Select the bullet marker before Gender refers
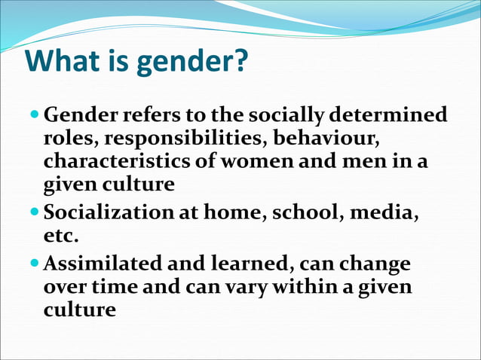(35, 115)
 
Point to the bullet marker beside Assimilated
(35, 264)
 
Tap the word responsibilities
(185, 139)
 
